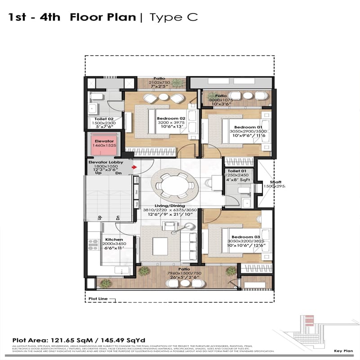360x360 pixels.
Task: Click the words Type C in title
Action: coord(173,18)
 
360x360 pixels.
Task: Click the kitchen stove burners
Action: coord(94,244)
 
